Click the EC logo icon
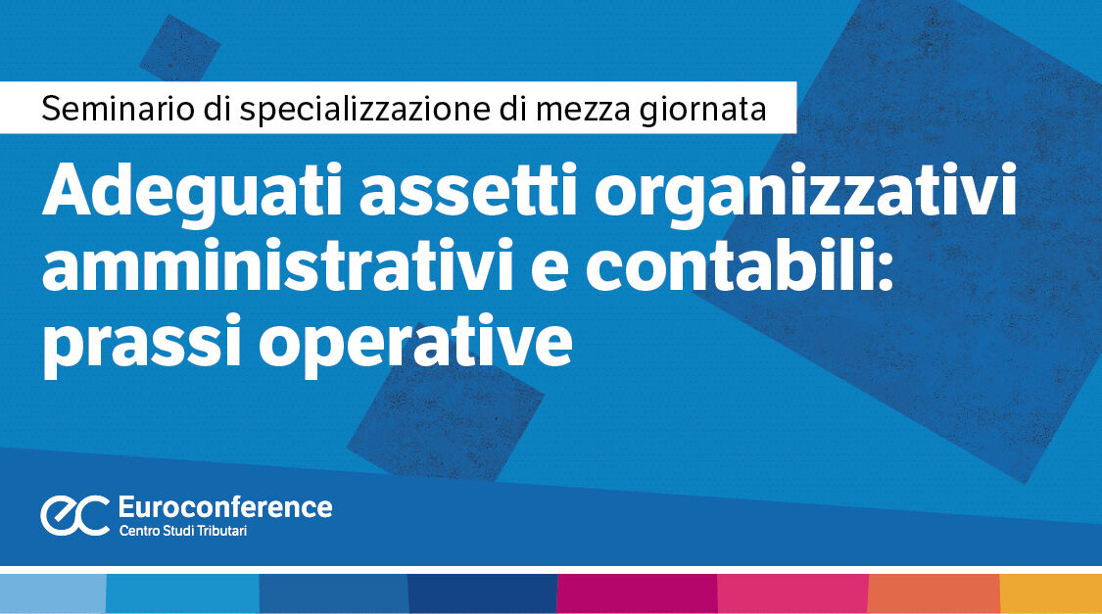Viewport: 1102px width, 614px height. point(74,515)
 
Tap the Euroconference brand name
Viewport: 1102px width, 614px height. point(224,506)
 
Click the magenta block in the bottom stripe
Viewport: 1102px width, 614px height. point(637,593)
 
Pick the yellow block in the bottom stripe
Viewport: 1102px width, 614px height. point(1050,593)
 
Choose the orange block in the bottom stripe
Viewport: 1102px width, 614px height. point(934,593)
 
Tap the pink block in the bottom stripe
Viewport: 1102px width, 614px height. point(792,593)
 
